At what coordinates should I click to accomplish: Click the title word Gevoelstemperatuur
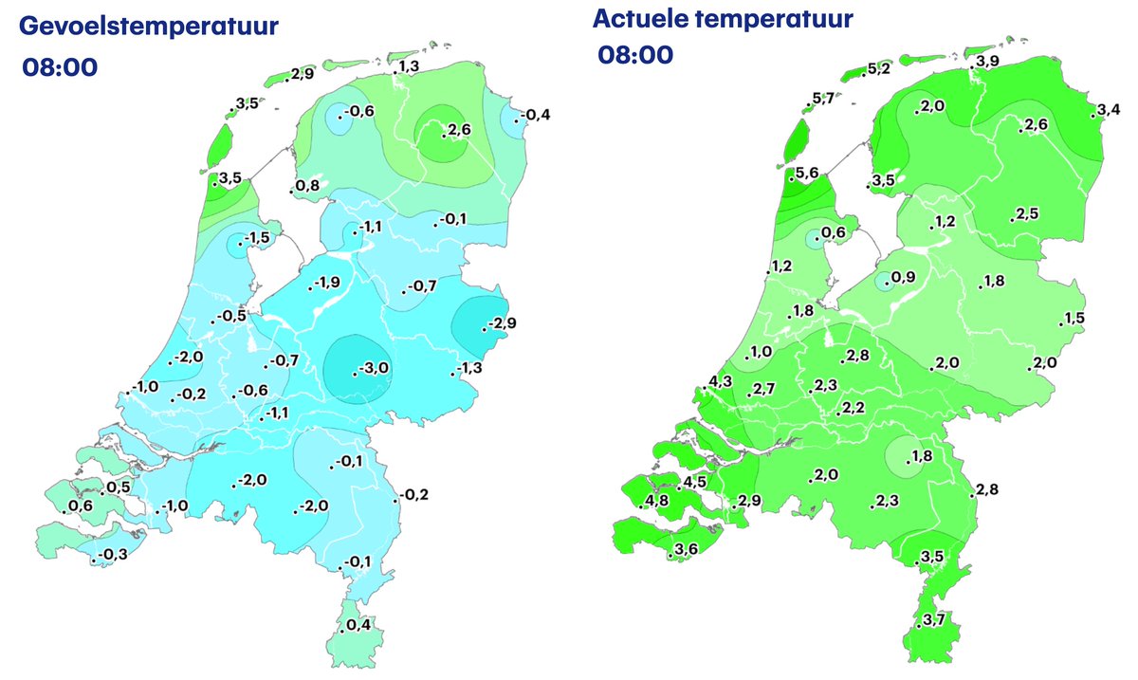coord(147,26)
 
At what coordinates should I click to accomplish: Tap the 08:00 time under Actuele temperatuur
coord(635,55)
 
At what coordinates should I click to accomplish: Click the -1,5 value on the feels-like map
coord(257,237)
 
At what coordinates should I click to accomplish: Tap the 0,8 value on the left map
coord(305,185)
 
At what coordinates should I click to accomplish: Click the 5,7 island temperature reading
coord(824,100)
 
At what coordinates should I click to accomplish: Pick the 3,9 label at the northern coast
coord(987,62)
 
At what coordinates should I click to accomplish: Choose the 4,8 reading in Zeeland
coord(657,501)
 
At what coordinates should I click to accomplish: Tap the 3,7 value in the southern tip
coord(933,620)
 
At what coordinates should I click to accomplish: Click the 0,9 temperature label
coord(904,278)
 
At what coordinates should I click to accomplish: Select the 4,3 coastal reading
coord(720,382)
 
